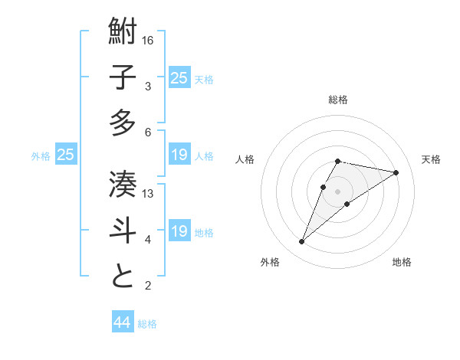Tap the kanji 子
[x=123, y=78]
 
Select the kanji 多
[x=123, y=123]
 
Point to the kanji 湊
[x=123, y=185]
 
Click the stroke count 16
[x=149, y=40]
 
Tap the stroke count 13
[x=149, y=193]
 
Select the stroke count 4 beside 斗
[x=149, y=239]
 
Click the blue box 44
[x=122, y=322]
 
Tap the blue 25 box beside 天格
[x=179, y=78]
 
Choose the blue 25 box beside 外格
[x=65, y=155]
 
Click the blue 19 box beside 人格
[x=179, y=155]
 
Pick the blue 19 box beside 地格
[x=179, y=231]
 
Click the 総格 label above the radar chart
[x=337, y=100]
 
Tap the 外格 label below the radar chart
[x=270, y=263]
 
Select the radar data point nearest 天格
[x=396, y=172]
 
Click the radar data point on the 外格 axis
[x=302, y=242]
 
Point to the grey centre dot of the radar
[x=337, y=191]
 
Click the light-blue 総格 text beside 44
[x=147, y=324]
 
